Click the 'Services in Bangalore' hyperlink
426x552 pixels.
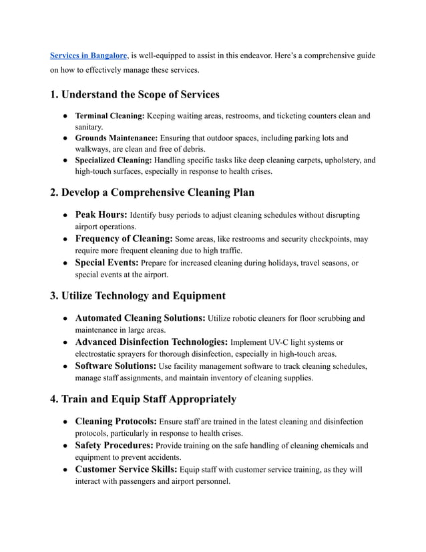point(89,55)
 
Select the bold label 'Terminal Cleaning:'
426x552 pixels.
point(110,116)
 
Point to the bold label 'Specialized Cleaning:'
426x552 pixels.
point(114,160)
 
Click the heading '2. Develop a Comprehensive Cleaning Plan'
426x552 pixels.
point(152,192)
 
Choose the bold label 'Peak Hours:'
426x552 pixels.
point(101,215)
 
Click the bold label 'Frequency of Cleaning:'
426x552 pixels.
point(124,239)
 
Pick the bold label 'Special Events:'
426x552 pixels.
point(107,263)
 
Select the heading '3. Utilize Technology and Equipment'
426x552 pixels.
point(138,295)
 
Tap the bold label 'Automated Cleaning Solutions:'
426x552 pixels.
point(140,318)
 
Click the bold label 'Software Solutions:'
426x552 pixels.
point(116,366)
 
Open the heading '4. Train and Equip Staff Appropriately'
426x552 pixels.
point(143,399)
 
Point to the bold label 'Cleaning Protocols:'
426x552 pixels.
point(116,422)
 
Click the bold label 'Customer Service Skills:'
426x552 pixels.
point(126,469)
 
